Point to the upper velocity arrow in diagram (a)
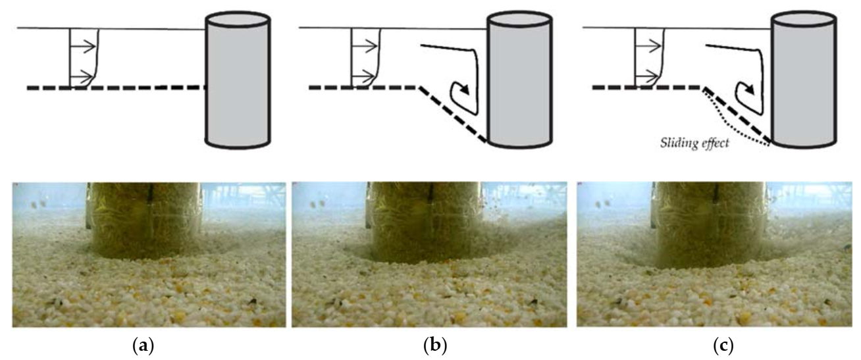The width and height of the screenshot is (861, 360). pos(84,47)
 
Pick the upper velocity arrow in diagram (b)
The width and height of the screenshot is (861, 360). pos(366,47)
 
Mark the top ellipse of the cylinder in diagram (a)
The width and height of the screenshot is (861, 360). pos(238,20)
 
